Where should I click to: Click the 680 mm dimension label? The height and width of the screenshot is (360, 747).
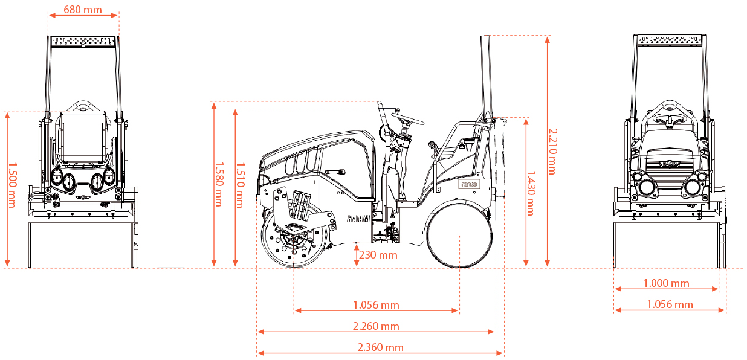pyautogui.click(x=83, y=10)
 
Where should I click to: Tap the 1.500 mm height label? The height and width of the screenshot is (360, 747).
pyautogui.click(x=12, y=185)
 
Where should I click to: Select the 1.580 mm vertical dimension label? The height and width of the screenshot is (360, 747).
pyautogui.click(x=219, y=184)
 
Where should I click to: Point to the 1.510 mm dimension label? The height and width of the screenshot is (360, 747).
pyautogui.click(x=240, y=185)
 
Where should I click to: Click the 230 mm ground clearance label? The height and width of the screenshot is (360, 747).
pyautogui.click(x=378, y=255)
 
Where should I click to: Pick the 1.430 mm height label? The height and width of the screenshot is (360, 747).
pyautogui.click(x=531, y=193)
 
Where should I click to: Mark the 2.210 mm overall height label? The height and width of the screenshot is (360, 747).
pyautogui.click(x=552, y=152)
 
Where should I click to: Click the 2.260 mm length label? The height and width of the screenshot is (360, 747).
pyautogui.click(x=376, y=326)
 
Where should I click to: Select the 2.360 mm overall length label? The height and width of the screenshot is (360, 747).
pyautogui.click(x=380, y=347)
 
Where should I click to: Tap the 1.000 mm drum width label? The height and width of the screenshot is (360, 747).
pyautogui.click(x=666, y=283)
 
